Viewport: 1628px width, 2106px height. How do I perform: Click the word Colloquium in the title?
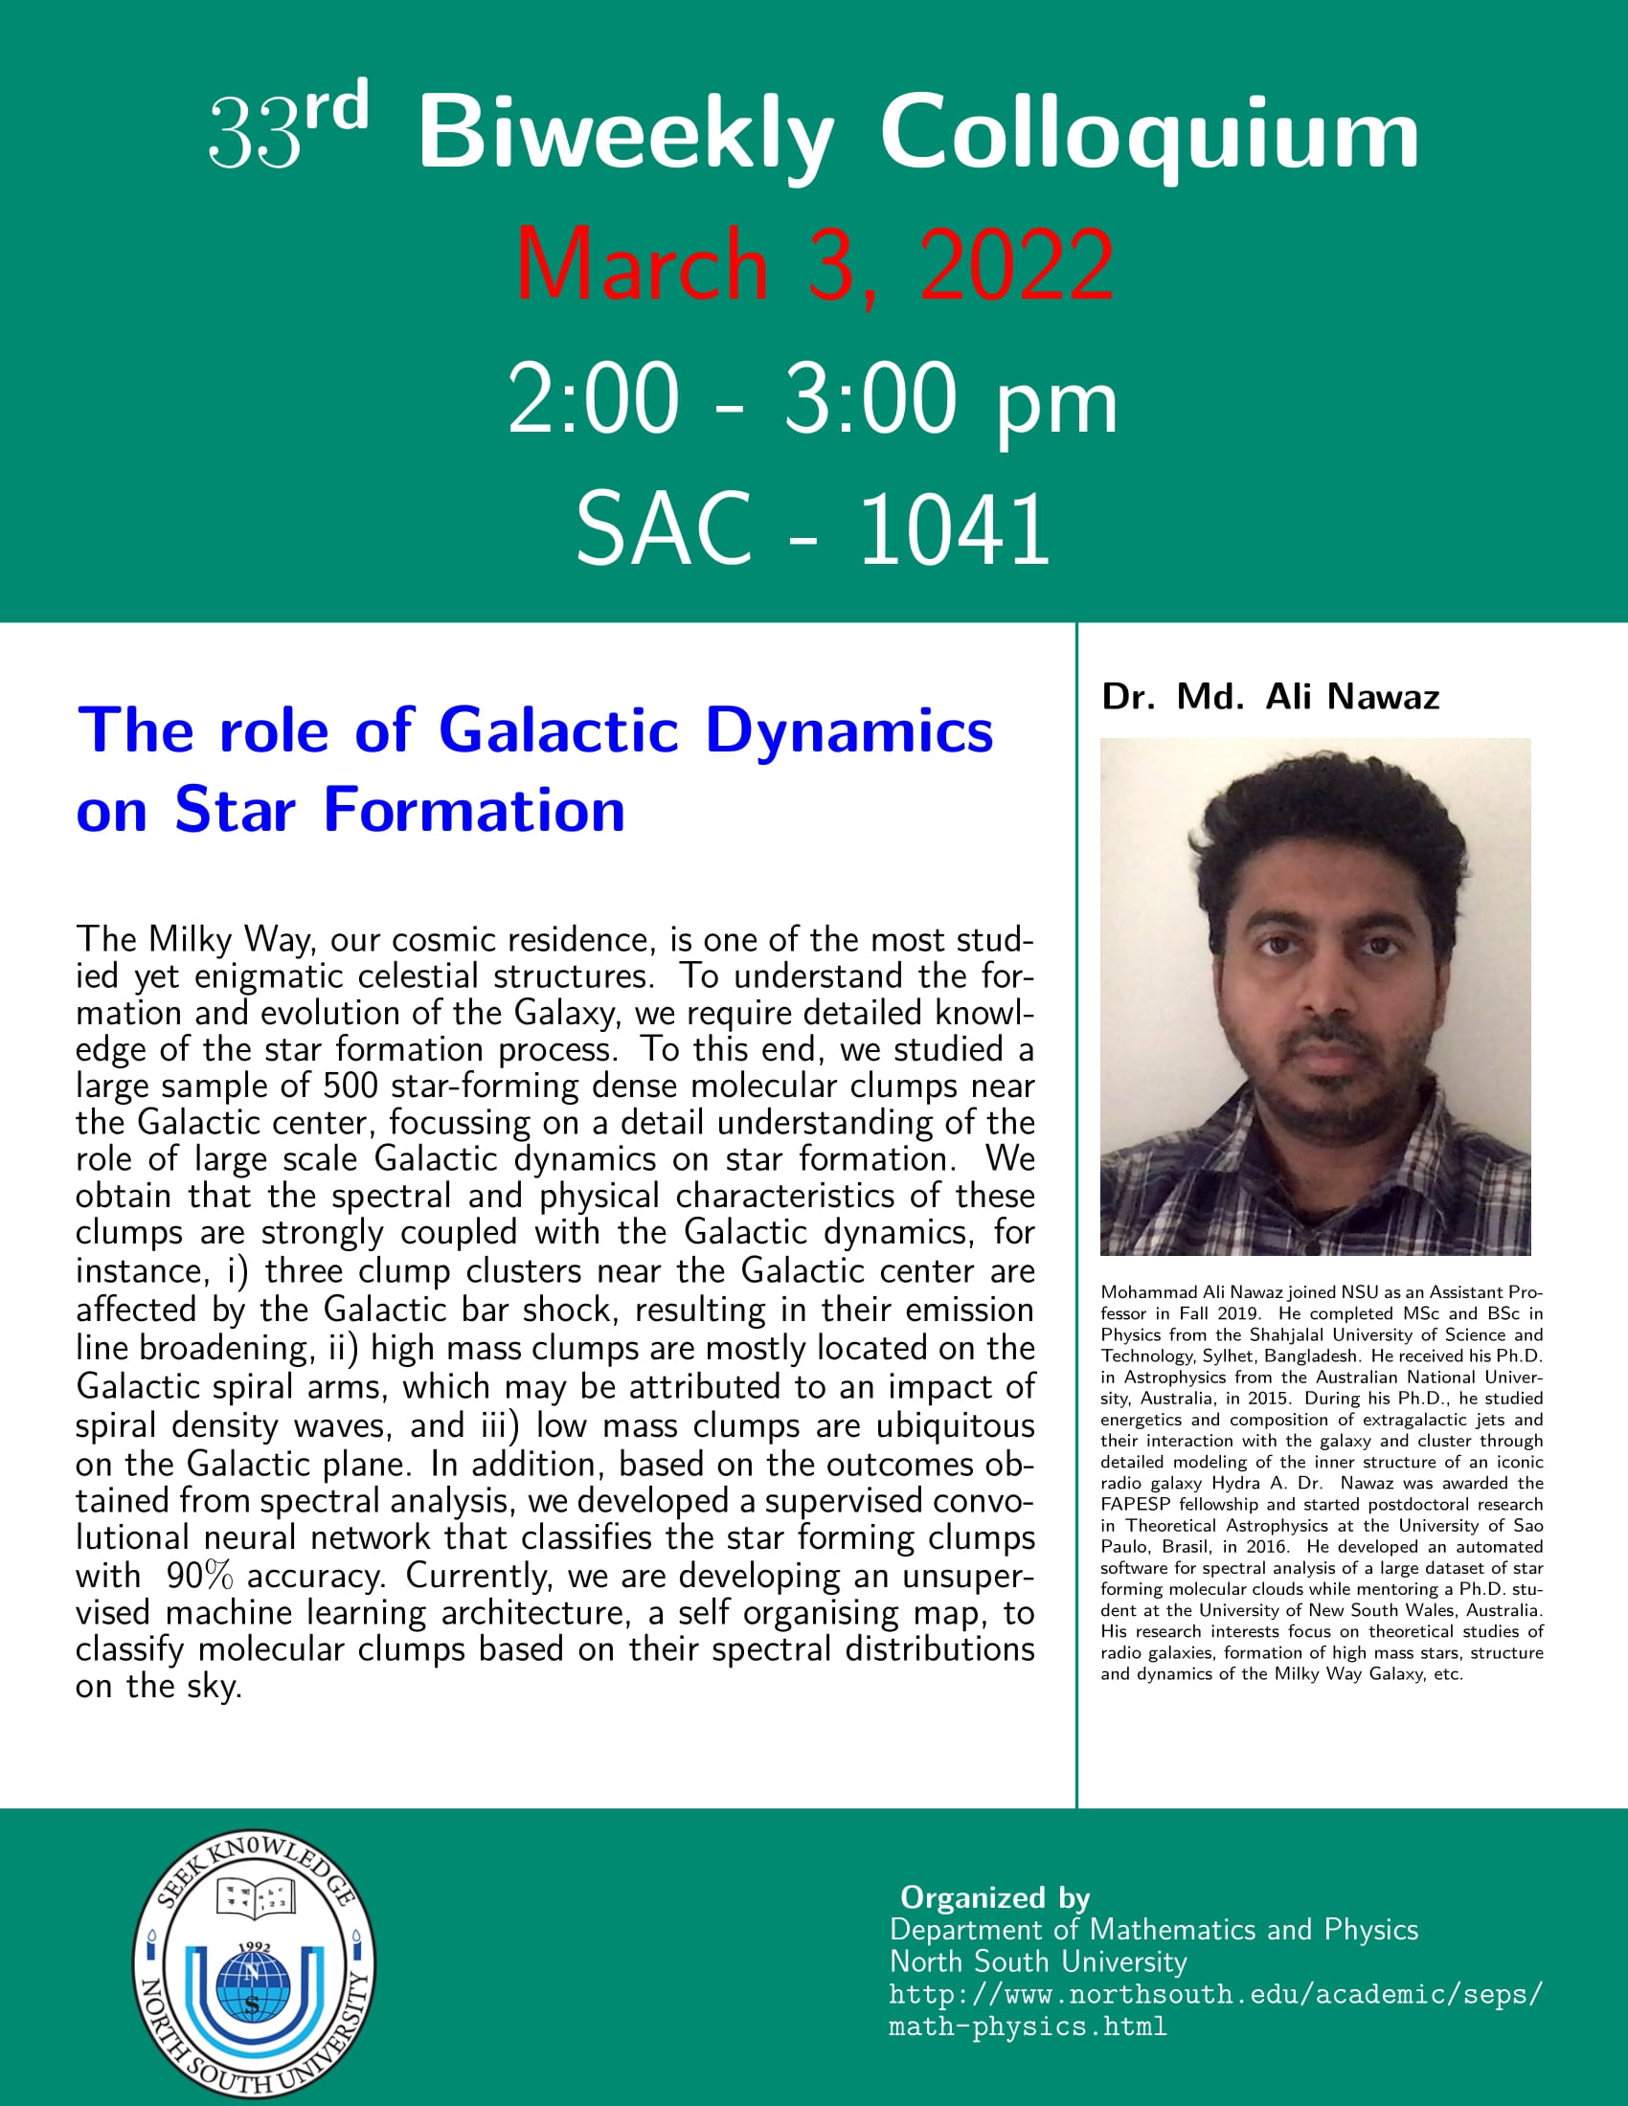pyautogui.click(x=1149, y=137)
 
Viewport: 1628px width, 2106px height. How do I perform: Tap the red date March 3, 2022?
pyautogui.click(x=815, y=263)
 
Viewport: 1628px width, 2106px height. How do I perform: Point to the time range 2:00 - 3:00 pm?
pyautogui.click(x=813, y=397)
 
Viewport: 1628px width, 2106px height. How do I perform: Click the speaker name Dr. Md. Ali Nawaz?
pyautogui.click(x=1270, y=696)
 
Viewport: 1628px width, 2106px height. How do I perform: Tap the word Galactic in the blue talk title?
pyautogui.click(x=559, y=730)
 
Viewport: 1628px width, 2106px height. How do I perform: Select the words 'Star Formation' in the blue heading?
pyautogui.click(x=400, y=809)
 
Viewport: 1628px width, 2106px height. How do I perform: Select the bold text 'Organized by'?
pyautogui.click(x=994, y=1897)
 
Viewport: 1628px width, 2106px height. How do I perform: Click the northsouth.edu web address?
pyautogui.click(x=1215, y=2010)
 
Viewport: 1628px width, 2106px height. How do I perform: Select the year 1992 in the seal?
pyautogui.click(x=254, y=1947)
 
